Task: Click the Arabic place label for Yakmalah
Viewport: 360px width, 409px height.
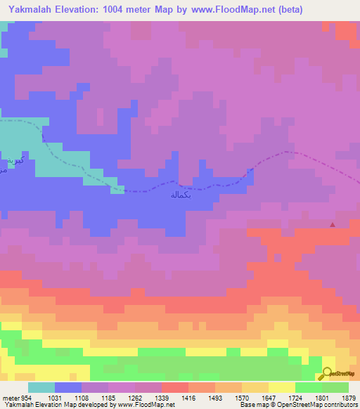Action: tap(181, 195)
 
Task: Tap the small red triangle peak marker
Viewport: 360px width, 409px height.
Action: tap(333, 225)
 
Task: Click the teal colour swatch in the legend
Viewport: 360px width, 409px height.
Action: tap(41, 387)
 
